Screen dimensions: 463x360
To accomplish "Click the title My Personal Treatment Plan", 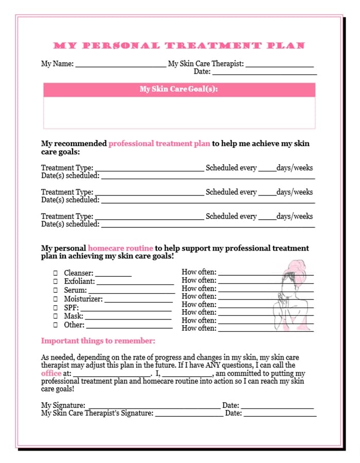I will coord(179,46).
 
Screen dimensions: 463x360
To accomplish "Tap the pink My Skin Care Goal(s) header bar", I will coord(179,90).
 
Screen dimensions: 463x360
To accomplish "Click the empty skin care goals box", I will coord(179,113).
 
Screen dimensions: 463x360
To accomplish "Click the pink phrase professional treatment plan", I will coord(159,144).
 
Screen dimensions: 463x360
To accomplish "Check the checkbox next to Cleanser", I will coord(56,273).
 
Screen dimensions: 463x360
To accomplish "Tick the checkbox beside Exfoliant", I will coord(56,281).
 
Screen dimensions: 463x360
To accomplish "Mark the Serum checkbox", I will coord(56,290).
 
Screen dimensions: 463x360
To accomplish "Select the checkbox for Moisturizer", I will coord(56,299).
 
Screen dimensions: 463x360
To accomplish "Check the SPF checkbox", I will coord(56,308).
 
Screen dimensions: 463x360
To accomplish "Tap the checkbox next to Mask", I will coord(56,316).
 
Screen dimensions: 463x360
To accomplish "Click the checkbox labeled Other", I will coord(56,325).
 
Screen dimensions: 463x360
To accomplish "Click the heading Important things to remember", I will coord(98,341).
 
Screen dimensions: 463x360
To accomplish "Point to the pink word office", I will coord(51,373).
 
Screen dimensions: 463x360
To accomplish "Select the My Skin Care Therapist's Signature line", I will coord(188,414).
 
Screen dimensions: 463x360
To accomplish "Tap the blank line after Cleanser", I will coord(113,275).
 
